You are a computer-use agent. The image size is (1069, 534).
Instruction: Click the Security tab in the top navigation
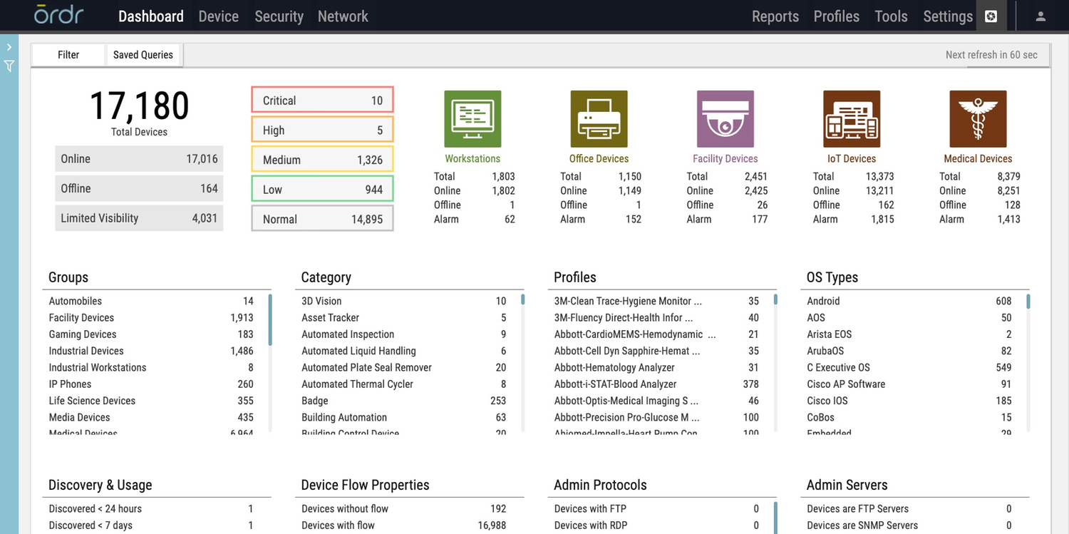(x=279, y=16)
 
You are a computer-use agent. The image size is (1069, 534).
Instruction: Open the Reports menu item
(x=775, y=16)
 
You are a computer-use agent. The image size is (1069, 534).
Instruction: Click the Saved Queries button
(x=143, y=55)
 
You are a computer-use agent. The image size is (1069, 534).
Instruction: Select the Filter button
(x=68, y=55)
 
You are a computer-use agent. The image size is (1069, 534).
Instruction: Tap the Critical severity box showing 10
(x=322, y=101)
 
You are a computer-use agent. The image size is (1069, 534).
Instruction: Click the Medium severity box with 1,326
(x=322, y=160)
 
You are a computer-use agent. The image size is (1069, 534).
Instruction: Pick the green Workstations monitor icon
(x=472, y=119)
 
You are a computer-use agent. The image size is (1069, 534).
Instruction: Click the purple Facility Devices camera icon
(x=725, y=119)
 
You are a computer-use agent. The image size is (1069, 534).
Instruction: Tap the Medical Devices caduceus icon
(x=978, y=119)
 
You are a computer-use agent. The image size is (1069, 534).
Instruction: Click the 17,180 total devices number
(x=139, y=106)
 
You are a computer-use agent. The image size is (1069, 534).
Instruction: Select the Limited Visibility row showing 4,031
(x=139, y=218)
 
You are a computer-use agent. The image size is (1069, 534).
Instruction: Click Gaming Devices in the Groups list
(x=83, y=334)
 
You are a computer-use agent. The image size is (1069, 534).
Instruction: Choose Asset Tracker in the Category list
(x=330, y=318)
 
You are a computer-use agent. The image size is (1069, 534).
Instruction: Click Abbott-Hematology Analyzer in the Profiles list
(x=614, y=368)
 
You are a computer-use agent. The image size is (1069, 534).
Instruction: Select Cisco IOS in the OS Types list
(x=827, y=401)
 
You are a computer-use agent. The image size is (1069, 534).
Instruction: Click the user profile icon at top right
(x=1040, y=16)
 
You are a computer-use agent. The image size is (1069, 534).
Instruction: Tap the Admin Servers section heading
(x=847, y=485)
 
